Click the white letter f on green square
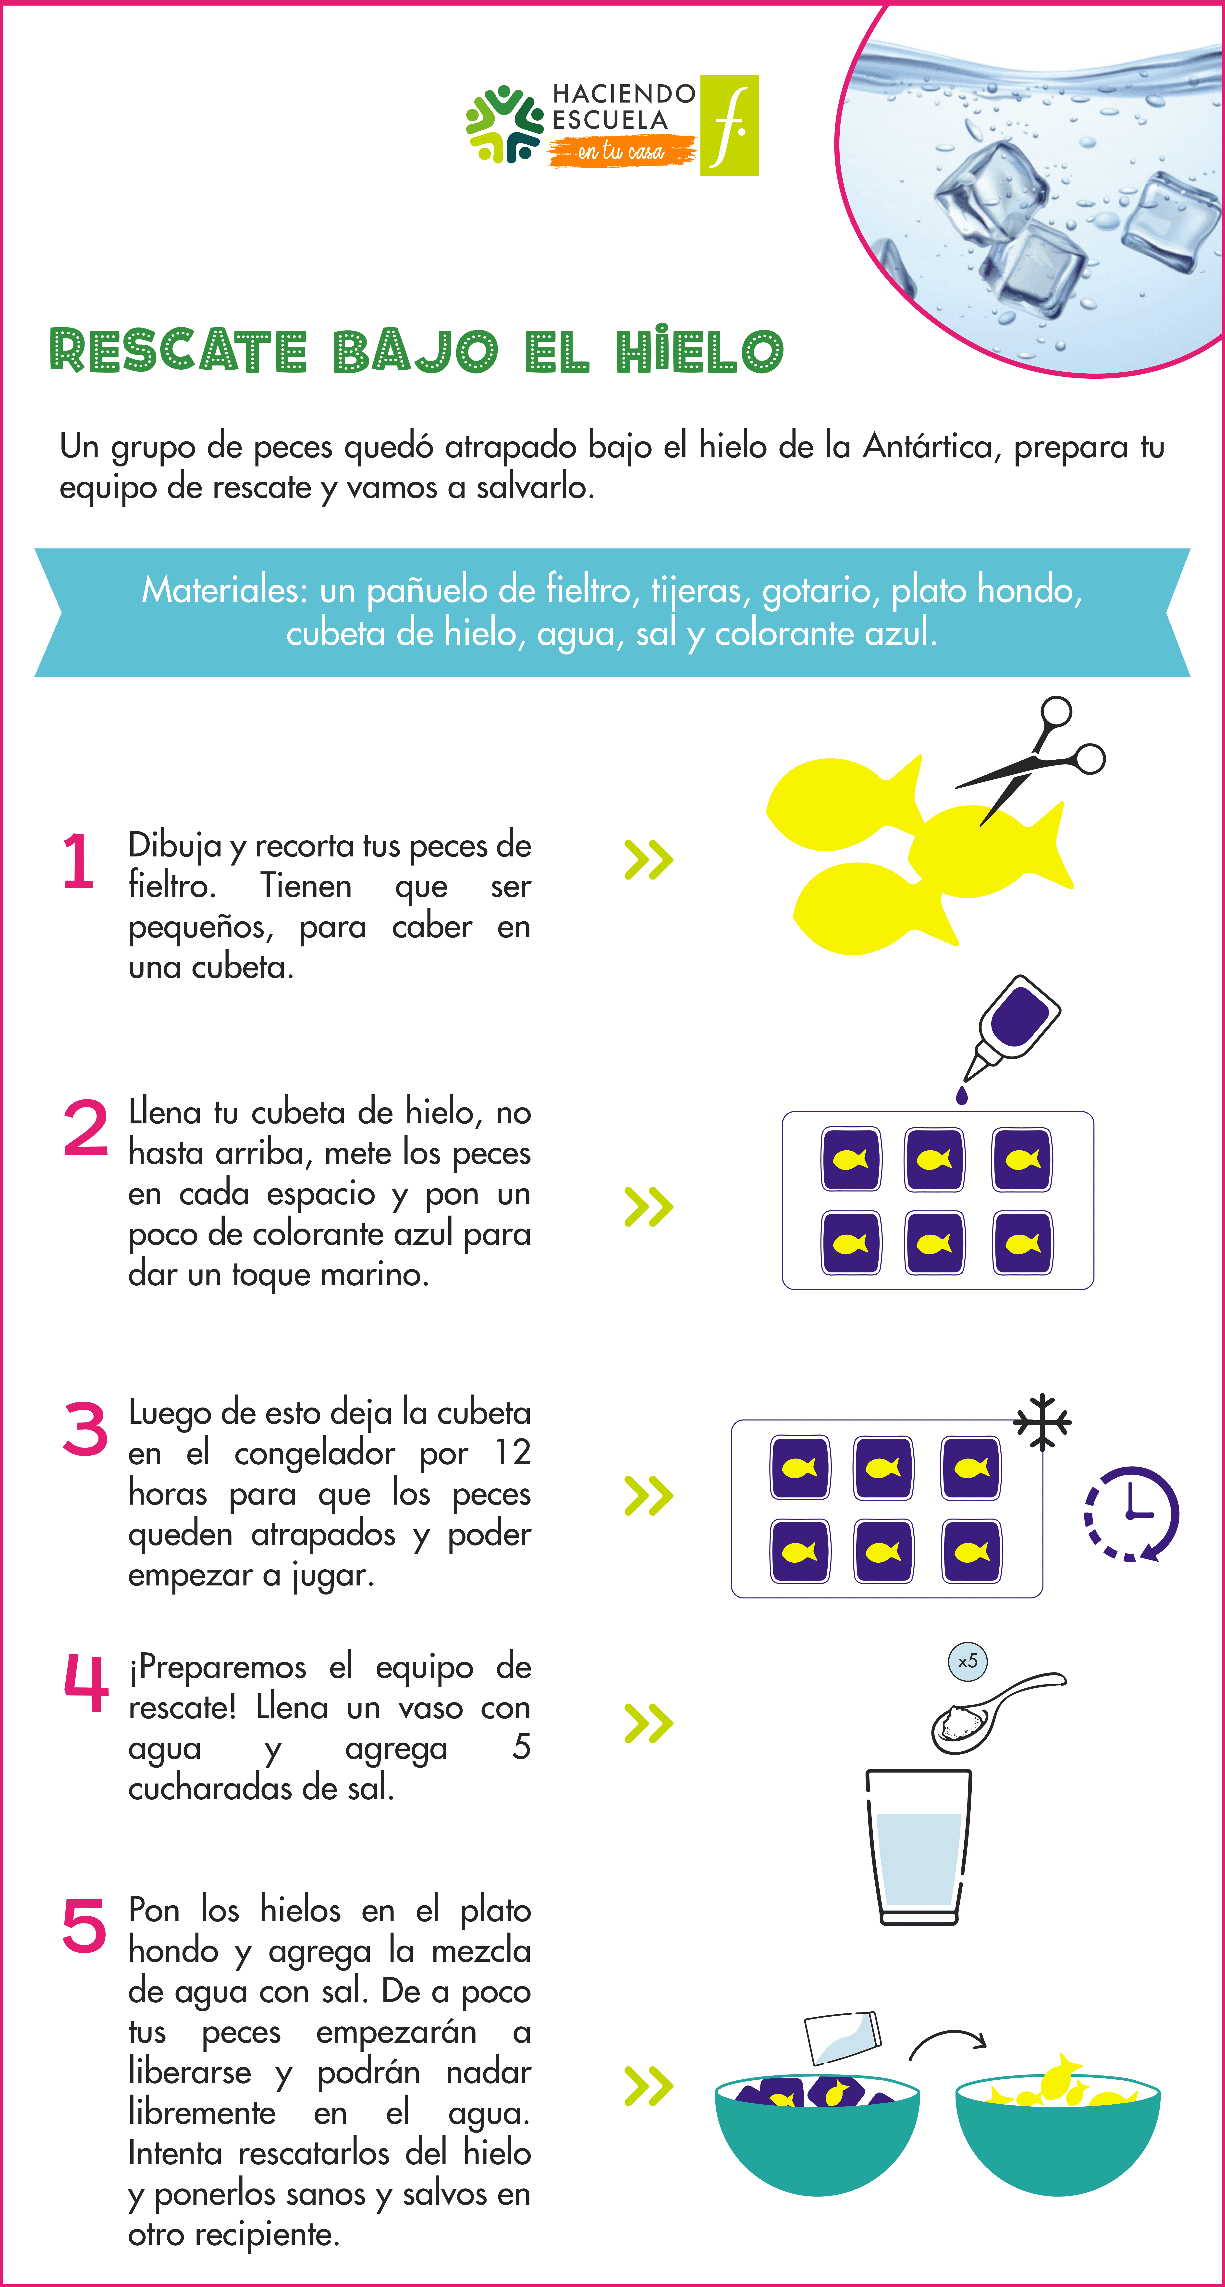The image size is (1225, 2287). click(x=730, y=125)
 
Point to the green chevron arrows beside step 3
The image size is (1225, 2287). click(x=649, y=1496)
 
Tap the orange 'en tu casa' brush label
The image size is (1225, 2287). click(x=621, y=151)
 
